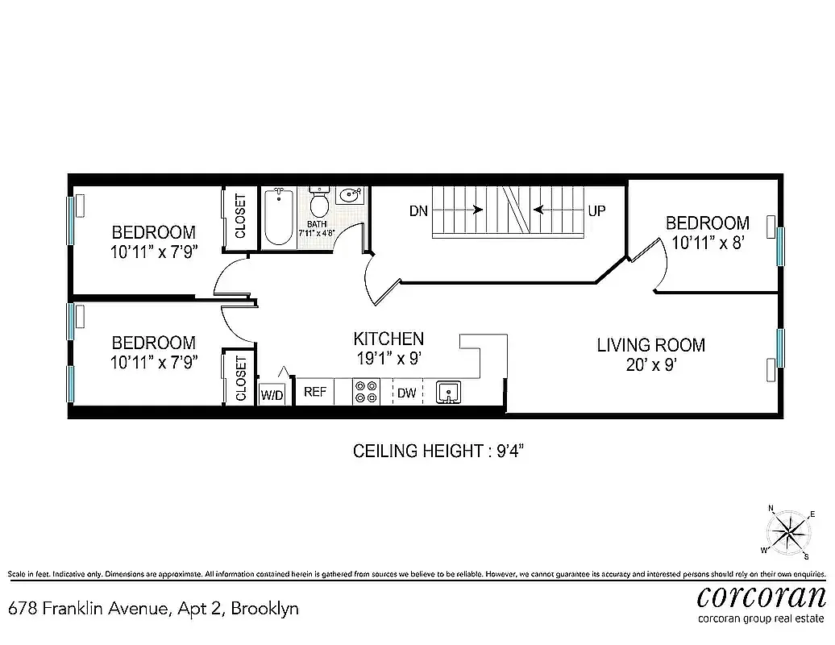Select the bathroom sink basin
(x=351, y=196)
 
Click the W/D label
(x=272, y=394)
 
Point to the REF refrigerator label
(x=315, y=393)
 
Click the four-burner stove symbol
(x=366, y=392)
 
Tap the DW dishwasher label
(x=406, y=393)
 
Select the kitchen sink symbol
(x=447, y=392)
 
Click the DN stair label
(x=417, y=211)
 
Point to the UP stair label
(x=596, y=211)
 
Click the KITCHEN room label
(x=388, y=339)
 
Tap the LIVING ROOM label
(x=650, y=345)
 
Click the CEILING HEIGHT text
(x=438, y=451)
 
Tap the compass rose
(x=789, y=532)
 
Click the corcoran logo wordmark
(x=761, y=597)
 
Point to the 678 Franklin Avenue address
(x=153, y=608)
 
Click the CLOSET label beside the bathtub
(x=240, y=216)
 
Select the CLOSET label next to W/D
(x=240, y=379)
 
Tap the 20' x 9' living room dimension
(x=650, y=364)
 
